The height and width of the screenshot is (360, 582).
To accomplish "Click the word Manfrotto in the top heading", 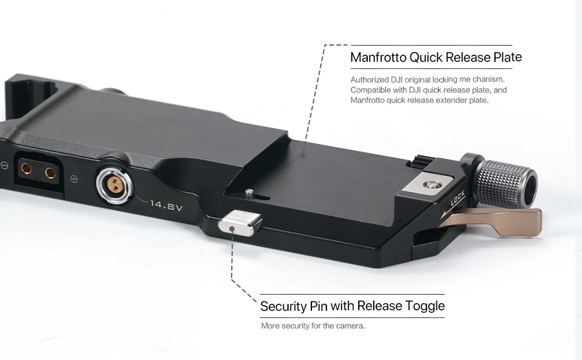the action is click(x=378, y=58).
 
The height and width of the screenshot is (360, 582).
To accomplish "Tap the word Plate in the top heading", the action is click(x=505, y=58).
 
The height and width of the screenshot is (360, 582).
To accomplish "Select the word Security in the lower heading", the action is click(x=283, y=306).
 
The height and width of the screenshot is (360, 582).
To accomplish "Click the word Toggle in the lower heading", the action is click(x=423, y=306).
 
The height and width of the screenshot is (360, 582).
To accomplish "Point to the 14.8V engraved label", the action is click(x=166, y=205).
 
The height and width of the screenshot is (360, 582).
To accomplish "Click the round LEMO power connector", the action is click(x=112, y=182).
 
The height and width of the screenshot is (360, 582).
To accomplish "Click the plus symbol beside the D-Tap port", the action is click(x=73, y=178).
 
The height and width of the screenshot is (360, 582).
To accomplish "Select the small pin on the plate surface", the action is click(x=248, y=192).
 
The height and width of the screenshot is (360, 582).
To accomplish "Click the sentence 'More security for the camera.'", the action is click(x=313, y=326).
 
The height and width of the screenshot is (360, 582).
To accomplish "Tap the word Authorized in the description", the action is click(x=369, y=79).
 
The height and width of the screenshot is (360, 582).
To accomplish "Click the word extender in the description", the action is click(x=442, y=100).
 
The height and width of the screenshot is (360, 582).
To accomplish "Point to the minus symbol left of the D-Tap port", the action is click(x=3, y=165).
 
